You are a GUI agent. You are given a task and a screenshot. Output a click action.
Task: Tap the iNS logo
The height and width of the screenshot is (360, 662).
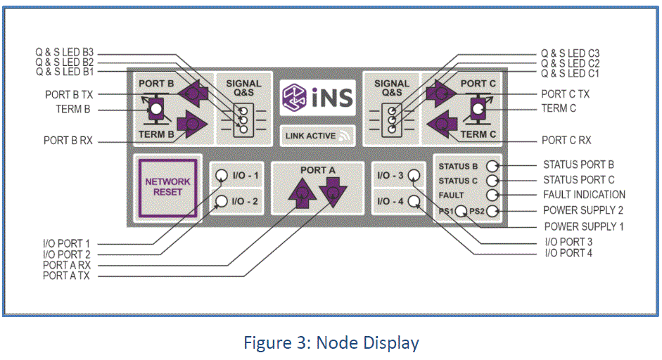(317, 97)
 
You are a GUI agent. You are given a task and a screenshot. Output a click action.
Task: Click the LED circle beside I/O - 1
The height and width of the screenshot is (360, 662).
(222, 175)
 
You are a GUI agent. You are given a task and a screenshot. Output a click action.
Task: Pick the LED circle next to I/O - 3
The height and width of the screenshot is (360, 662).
(414, 175)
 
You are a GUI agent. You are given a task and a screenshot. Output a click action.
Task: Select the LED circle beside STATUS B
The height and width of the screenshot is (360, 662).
(492, 166)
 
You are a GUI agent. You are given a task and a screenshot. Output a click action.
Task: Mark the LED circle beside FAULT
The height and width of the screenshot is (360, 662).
(492, 195)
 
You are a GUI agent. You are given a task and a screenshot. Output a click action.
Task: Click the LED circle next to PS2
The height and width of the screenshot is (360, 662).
(492, 211)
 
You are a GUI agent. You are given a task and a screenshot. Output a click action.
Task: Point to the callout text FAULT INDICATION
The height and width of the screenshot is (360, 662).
(584, 195)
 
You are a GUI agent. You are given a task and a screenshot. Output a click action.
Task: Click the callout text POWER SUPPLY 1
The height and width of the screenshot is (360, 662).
(584, 226)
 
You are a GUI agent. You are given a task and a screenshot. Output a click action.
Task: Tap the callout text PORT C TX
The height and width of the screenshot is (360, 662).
(565, 94)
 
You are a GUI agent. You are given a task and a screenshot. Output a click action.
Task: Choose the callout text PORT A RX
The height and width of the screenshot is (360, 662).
(68, 265)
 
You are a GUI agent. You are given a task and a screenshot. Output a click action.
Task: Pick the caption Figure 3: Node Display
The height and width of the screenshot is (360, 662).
(331, 343)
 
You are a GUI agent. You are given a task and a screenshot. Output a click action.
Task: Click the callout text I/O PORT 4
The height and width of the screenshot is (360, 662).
(568, 252)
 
